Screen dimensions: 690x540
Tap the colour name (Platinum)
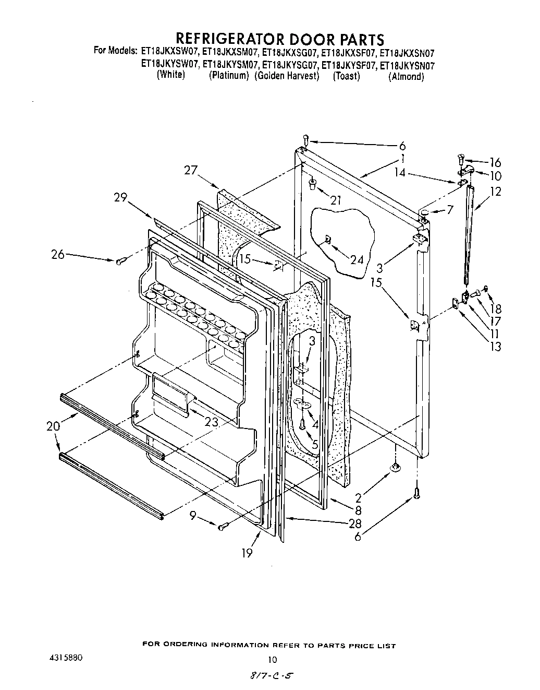[229, 76]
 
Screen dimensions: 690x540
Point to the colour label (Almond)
[406, 77]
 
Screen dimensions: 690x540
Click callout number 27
[192, 170]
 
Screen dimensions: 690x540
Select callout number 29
[121, 198]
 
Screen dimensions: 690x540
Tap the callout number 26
[58, 255]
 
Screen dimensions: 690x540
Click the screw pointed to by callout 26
[120, 261]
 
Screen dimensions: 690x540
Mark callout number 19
[247, 553]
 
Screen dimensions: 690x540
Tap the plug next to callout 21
[312, 183]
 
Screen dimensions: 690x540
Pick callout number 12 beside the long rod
[495, 192]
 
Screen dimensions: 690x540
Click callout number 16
[494, 162]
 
